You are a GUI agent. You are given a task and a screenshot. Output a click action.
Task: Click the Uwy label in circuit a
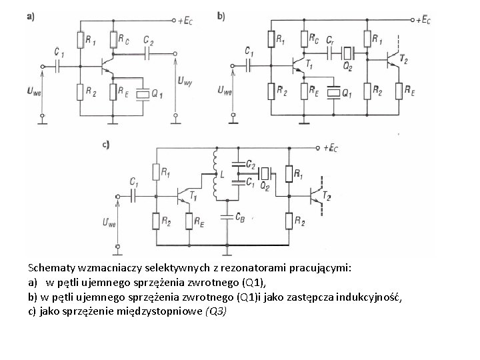pos(185,81)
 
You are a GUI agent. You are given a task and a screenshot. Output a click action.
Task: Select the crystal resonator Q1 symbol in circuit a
pos(141,94)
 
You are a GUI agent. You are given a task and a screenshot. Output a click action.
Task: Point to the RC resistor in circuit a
pos(114,40)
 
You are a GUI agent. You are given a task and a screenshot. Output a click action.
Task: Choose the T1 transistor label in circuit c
pos(193,195)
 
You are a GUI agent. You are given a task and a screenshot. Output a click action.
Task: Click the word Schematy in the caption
pos(49,267)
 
